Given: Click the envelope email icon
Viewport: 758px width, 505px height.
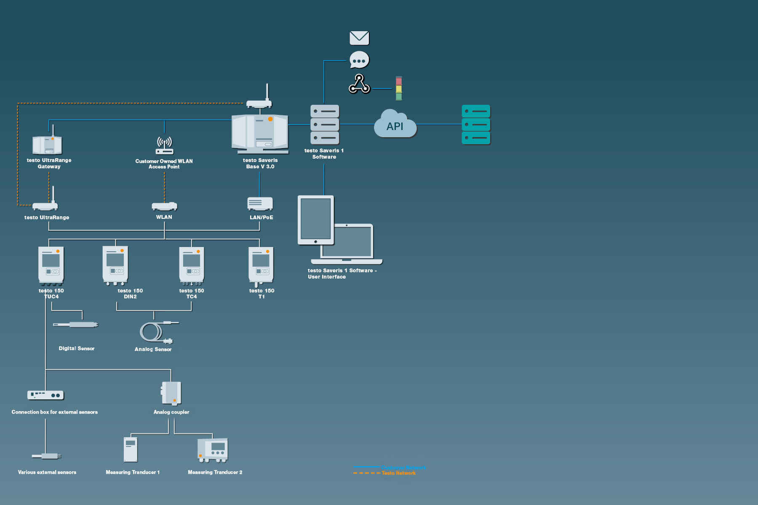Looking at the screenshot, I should tap(359, 38).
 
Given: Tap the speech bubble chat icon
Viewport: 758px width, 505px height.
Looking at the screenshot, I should tap(359, 60).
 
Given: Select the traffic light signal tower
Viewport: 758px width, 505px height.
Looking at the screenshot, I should tap(399, 88).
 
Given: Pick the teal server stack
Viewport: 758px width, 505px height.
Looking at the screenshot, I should tap(476, 125).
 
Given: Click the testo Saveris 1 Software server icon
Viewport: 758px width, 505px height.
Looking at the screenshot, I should tap(324, 125).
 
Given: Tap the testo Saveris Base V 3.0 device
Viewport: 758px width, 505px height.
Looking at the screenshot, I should tap(260, 133).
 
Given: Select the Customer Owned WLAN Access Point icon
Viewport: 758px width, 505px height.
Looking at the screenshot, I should tap(164, 145).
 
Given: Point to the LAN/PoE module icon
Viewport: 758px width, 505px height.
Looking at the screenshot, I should tap(260, 203).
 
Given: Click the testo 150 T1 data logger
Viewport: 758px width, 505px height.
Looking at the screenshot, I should tap(261, 265).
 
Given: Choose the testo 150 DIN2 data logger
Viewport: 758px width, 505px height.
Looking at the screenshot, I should tap(115, 265).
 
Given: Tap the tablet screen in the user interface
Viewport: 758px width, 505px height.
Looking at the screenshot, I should tap(316, 219).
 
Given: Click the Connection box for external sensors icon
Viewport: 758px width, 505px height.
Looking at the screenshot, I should tap(45, 395).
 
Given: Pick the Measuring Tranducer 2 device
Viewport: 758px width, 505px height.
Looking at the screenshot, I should tap(213, 450).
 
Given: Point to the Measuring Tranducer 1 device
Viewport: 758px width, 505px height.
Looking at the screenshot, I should tap(131, 449).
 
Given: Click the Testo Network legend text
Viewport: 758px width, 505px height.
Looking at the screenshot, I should tap(398, 473).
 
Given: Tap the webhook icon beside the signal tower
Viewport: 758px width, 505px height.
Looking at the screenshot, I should tap(359, 84).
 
